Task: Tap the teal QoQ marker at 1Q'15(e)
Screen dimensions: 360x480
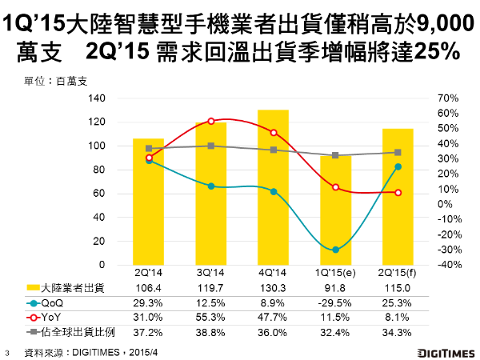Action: coord(335,250)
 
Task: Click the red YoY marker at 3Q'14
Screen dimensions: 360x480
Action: coord(210,121)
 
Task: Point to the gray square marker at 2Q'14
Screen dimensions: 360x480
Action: coord(149,148)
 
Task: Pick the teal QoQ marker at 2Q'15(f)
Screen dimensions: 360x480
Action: coord(398,166)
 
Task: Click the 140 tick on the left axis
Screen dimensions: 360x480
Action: coord(97,98)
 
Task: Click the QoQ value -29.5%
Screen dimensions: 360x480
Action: coord(335,302)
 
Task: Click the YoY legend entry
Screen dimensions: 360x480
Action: coord(62,316)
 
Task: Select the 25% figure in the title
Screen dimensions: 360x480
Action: coord(437,53)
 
